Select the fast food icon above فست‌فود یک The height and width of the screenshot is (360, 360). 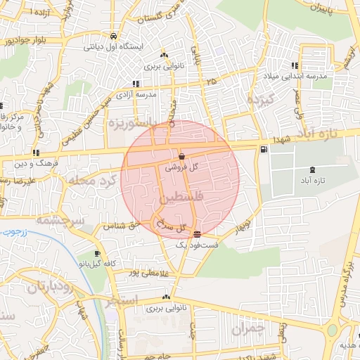(x=196, y=233)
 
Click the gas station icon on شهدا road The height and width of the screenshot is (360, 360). (x=264, y=149)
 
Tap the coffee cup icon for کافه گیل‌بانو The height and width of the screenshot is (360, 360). (x=96, y=254)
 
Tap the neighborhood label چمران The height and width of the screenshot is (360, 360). (x=250, y=328)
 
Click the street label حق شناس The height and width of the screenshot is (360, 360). (x=120, y=226)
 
